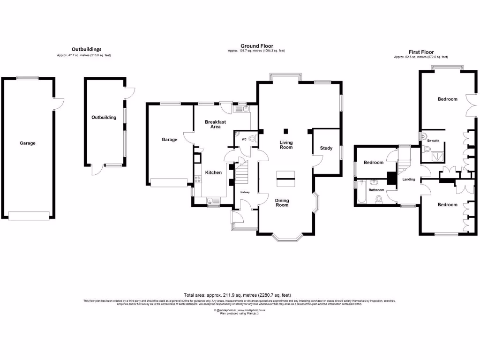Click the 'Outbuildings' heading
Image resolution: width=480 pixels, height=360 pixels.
[86, 49]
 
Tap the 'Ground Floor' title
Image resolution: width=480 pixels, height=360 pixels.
[257, 46]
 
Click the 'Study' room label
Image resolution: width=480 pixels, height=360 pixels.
[326, 148]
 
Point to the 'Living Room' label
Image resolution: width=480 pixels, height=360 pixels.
[286, 145]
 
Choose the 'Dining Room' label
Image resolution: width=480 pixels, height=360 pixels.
[282, 202]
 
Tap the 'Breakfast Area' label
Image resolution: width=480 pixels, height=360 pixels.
[215, 124]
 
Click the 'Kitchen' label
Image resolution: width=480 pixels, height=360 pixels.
[213, 172]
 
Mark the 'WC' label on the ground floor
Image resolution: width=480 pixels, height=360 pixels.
[244, 140]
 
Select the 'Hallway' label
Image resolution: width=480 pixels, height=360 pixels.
[245, 192]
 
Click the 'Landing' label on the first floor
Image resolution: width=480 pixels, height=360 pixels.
[409, 179]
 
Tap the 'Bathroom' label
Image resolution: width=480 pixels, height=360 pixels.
[376, 190]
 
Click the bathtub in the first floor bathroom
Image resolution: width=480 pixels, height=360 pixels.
[360, 193]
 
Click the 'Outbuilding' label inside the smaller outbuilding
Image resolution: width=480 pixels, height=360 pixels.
[104, 117]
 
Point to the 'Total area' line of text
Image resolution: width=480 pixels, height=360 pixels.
[240, 295]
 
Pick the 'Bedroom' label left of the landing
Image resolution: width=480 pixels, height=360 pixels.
[374, 163]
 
